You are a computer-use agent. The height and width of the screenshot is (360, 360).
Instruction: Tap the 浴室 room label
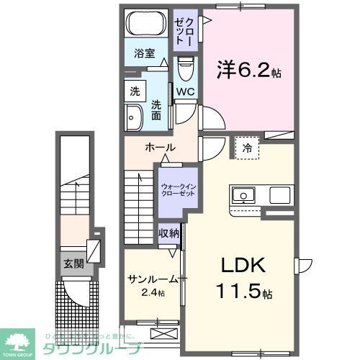(144, 53)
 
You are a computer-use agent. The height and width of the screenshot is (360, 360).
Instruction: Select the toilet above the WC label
(184, 71)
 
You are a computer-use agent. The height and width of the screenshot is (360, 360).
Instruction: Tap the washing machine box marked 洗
(135, 91)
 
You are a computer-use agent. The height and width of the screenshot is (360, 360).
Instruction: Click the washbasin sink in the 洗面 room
(133, 116)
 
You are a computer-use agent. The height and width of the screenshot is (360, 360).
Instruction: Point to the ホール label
(160, 148)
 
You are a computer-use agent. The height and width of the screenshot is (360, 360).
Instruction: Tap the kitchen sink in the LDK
(242, 194)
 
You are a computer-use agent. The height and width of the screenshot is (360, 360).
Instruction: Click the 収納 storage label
(169, 234)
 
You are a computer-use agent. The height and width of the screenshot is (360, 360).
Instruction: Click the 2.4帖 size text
(152, 293)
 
